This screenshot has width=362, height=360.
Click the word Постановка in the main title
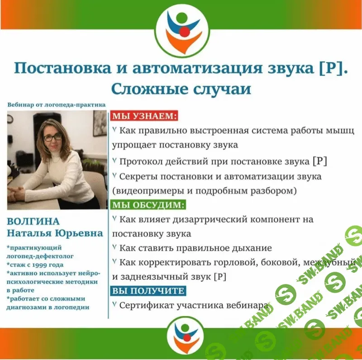tap(62, 68)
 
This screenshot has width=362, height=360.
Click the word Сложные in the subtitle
tap(149, 89)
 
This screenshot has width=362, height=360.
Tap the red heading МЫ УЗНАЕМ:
tap(144, 116)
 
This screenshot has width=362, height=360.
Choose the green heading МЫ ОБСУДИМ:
tap(148, 205)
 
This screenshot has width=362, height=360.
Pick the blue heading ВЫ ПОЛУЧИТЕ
tap(148, 290)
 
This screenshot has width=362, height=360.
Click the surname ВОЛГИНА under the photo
tap(33, 221)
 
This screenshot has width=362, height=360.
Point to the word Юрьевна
tap(79, 233)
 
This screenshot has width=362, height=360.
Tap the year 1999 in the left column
tap(44, 265)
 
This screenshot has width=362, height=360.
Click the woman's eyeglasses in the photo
tap(52, 137)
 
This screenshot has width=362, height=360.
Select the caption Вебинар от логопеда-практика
tap(57, 105)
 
